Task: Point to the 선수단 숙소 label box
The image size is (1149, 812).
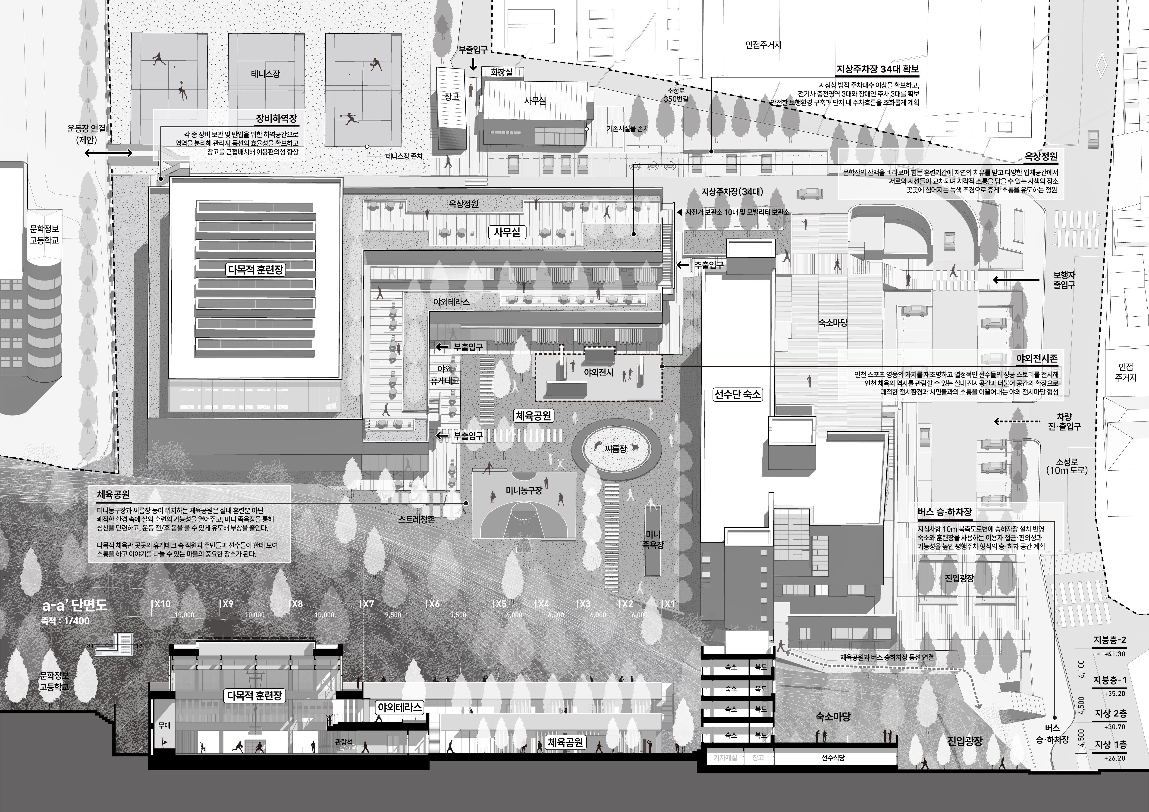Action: point(737,394)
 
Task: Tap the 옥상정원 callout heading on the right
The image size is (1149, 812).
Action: point(1041,156)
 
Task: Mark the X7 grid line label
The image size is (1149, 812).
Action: point(368,604)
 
